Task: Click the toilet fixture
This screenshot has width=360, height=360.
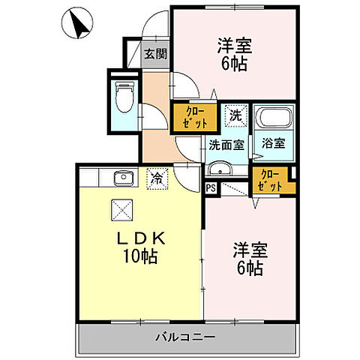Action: (x=125, y=95)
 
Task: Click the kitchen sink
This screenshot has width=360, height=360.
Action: (x=122, y=178)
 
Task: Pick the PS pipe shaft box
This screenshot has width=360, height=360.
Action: (x=211, y=189)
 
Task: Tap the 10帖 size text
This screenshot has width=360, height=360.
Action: (x=139, y=258)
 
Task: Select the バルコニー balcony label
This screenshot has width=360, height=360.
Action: (x=186, y=336)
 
